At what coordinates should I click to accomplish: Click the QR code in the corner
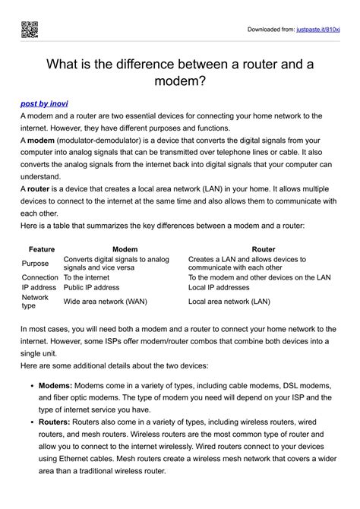[x=29, y=30]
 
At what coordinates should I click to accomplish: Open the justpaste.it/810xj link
[x=317, y=30]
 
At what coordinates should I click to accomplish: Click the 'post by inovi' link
[x=49, y=101]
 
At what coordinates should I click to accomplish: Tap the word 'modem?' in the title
[x=180, y=80]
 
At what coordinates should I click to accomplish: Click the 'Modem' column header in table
[x=125, y=249]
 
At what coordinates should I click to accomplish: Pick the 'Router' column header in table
[x=263, y=249]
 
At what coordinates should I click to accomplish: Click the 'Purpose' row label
[x=36, y=263]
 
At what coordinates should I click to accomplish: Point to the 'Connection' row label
[x=39, y=277]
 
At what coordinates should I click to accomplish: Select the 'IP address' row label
[x=39, y=288]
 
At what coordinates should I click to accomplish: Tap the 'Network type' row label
[x=35, y=302]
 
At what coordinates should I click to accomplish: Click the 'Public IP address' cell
[x=91, y=288]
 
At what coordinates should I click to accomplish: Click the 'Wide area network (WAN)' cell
[x=105, y=302]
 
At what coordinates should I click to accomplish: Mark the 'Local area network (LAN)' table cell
[x=229, y=302]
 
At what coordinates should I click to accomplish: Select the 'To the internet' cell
[x=87, y=277]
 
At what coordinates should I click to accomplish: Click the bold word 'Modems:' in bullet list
[x=55, y=386]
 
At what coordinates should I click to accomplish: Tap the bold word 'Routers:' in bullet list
[x=55, y=422]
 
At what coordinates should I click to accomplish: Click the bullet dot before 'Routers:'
[x=30, y=422]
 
